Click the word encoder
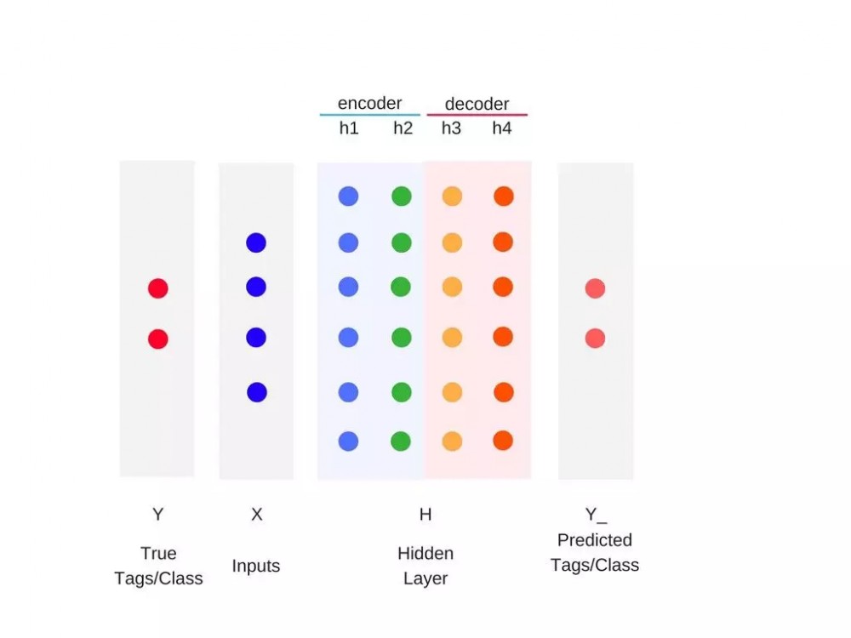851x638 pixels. pos(369,103)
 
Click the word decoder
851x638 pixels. pos(477,104)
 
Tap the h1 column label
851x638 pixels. pos(349,128)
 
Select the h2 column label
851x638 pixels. pos(403,128)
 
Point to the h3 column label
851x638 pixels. pos(451,128)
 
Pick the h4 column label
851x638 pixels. pos(502,128)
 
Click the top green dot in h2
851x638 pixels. pos(402,196)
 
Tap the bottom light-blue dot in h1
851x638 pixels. pos(348,441)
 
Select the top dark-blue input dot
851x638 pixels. pos(256,242)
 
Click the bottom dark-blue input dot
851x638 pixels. pos(257,392)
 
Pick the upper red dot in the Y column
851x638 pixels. pos(158,288)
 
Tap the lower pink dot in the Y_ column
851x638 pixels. pos(596,339)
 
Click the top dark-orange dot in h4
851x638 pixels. pos(504,196)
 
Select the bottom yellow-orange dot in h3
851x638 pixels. pos(452,441)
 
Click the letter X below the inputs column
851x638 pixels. pos(257,514)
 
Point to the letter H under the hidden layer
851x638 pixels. pos(425,514)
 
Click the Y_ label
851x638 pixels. pos(596,515)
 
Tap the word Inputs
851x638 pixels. pos(255,566)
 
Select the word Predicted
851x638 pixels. pos(595,540)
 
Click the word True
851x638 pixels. pos(158,554)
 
